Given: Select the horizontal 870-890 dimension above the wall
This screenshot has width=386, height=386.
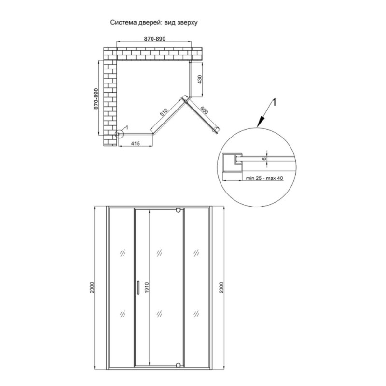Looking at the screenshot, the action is (x=154, y=39).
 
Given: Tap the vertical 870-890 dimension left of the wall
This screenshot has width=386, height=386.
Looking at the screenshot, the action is (x=96, y=99).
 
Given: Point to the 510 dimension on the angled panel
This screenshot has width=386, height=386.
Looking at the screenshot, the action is (x=164, y=112).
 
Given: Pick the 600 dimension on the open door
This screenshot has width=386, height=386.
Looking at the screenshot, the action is (x=204, y=110).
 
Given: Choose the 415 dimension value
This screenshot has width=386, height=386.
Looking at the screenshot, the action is (x=136, y=143).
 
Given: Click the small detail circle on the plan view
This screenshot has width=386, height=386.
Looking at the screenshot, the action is (x=119, y=134).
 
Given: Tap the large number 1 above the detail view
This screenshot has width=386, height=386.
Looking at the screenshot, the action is (x=274, y=103).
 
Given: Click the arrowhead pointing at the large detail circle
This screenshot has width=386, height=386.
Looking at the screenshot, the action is (x=260, y=123).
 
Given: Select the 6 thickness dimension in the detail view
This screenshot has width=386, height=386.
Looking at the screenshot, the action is (x=264, y=159).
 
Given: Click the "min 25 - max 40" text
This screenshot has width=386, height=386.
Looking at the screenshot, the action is (x=264, y=178).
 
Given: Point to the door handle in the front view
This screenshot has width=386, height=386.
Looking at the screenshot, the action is (x=138, y=287).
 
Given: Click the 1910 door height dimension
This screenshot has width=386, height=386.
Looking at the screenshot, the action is (x=147, y=288).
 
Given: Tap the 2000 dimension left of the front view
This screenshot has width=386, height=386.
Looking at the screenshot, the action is (x=92, y=287).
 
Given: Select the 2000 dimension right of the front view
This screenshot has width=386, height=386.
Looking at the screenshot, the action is (x=221, y=287).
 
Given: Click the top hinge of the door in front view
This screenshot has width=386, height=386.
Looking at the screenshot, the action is (x=179, y=210).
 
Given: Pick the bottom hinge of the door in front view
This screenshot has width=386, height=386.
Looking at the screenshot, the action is (x=179, y=365).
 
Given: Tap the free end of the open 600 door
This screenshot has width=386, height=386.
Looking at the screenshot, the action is (x=217, y=130).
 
